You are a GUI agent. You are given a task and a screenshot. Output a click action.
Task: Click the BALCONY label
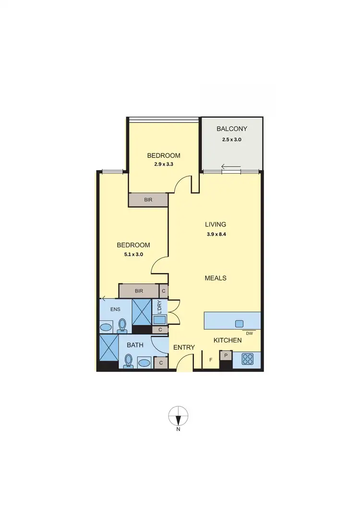pyautogui.click(x=232, y=129)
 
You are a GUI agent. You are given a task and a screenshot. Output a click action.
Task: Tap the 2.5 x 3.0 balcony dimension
pyautogui.click(x=232, y=140)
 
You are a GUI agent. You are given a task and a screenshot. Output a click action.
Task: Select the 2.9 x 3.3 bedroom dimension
pyautogui.click(x=164, y=165)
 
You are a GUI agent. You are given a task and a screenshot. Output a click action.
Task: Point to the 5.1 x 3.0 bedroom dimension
pyautogui.click(x=133, y=255)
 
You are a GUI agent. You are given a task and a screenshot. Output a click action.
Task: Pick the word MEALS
pyautogui.click(x=216, y=278)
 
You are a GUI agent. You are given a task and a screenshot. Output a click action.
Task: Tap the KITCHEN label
pyautogui.click(x=228, y=340)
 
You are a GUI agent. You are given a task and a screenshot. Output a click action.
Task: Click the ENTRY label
pyautogui.click(x=183, y=347)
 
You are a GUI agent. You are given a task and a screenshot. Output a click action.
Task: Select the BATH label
pyautogui.click(x=135, y=345)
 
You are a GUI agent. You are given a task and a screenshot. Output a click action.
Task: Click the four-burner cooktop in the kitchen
pyautogui.click(x=248, y=358)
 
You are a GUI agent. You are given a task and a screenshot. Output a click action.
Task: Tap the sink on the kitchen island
pyautogui.click(x=239, y=324)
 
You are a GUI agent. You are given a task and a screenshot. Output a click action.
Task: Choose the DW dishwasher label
pyautogui.click(x=249, y=333)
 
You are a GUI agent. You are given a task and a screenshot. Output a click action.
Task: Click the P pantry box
pyautogui.click(x=226, y=355)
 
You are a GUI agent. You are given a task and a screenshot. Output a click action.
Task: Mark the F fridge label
pyautogui.click(x=210, y=359)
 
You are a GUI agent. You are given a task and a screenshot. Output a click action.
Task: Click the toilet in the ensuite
pyautogui.click(x=122, y=325)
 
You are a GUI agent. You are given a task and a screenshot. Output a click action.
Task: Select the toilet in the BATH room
pyautogui.click(x=128, y=360)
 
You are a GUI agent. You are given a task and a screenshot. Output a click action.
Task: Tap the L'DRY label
pyautogui.click(x=159, y=306)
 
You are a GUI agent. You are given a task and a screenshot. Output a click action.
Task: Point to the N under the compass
pyautogui.click(x=178, y=429)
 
